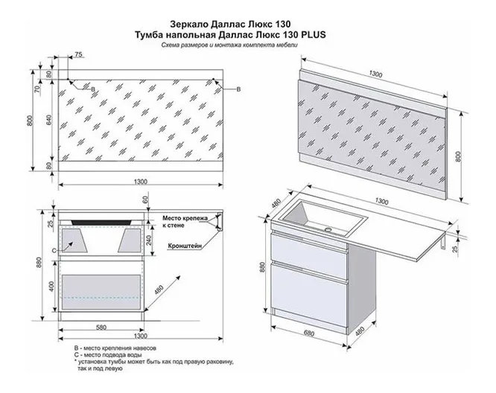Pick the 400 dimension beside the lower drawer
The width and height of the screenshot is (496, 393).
[x=50, y=287]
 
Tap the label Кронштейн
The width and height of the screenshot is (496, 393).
[x=182, y=244]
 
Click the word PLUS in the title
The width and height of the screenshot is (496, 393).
[x=312, y=34]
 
